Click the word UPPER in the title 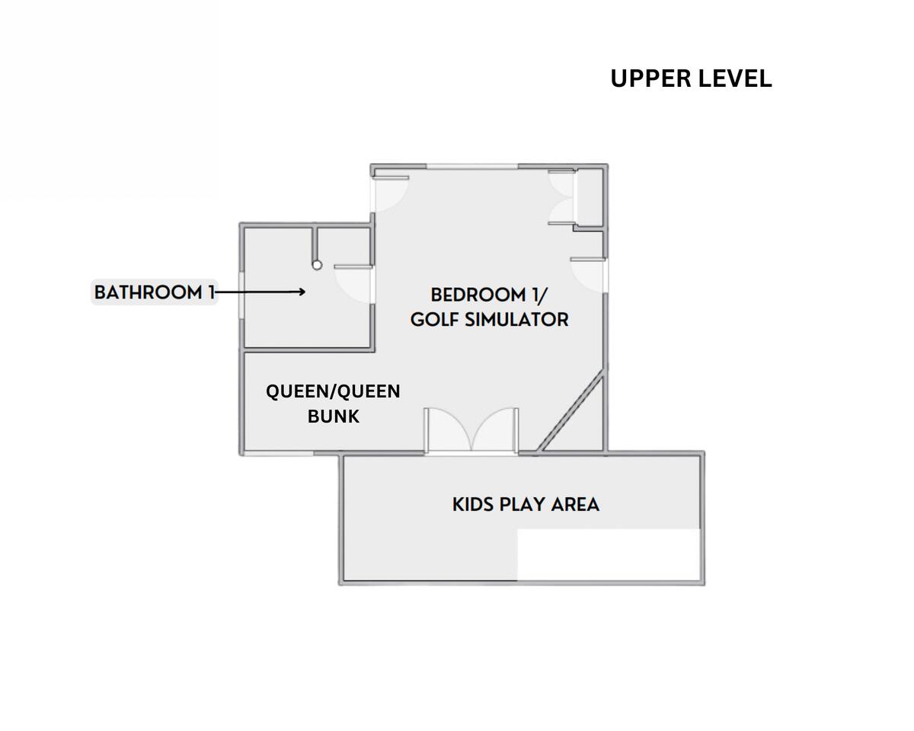tap(650, 78)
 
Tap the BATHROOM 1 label tap(155, 292)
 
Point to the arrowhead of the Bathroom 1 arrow tap(301, 292)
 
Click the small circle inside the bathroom tap(317, 266)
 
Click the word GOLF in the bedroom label tap(435, 320)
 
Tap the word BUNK tap(334, 417)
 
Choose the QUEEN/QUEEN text tap(333, 391)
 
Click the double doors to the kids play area tap(471, 430)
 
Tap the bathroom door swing tap(353, 285)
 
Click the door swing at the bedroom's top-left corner tap(391, 194)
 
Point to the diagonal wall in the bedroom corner tap(570, 413)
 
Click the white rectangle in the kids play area tap(609, 555)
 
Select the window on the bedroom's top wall tap(472, 167)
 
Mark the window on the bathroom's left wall tap(241, 295)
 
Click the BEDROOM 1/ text tap(489, 295)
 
